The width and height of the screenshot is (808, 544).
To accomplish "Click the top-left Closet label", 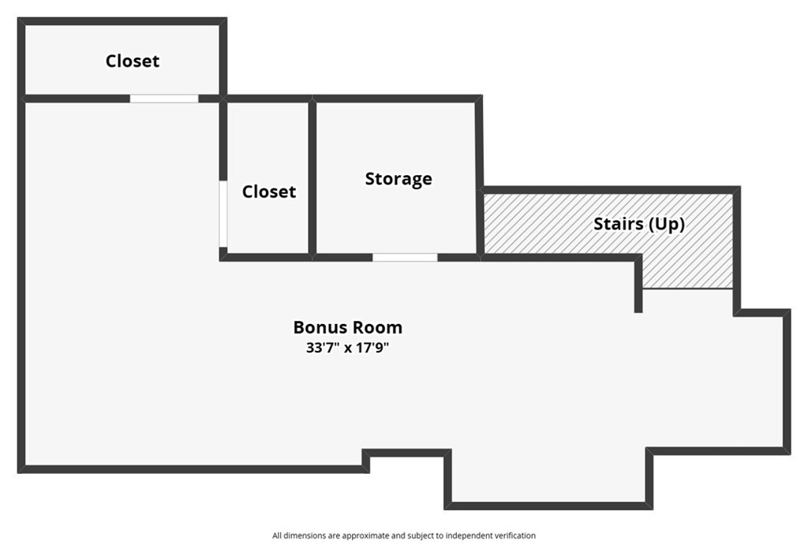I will pos(133,61).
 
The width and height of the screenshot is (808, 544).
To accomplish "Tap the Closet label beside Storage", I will pos(269,192).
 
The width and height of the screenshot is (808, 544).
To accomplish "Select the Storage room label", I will pos(398,179).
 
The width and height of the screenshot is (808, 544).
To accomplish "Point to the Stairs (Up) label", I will pos(639,224).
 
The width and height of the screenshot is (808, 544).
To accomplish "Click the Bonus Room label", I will pos(348,327).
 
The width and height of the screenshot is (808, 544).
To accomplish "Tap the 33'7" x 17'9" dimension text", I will pos(348,348).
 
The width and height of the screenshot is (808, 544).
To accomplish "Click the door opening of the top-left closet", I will pos(164,99).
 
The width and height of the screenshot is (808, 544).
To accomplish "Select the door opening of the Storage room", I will pos(405,257).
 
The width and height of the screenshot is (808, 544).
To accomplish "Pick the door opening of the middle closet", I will pos(223,214).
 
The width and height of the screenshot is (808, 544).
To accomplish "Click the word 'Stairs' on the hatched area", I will pos(618,224).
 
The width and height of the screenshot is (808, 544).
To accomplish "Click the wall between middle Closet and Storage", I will pos(312,177).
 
